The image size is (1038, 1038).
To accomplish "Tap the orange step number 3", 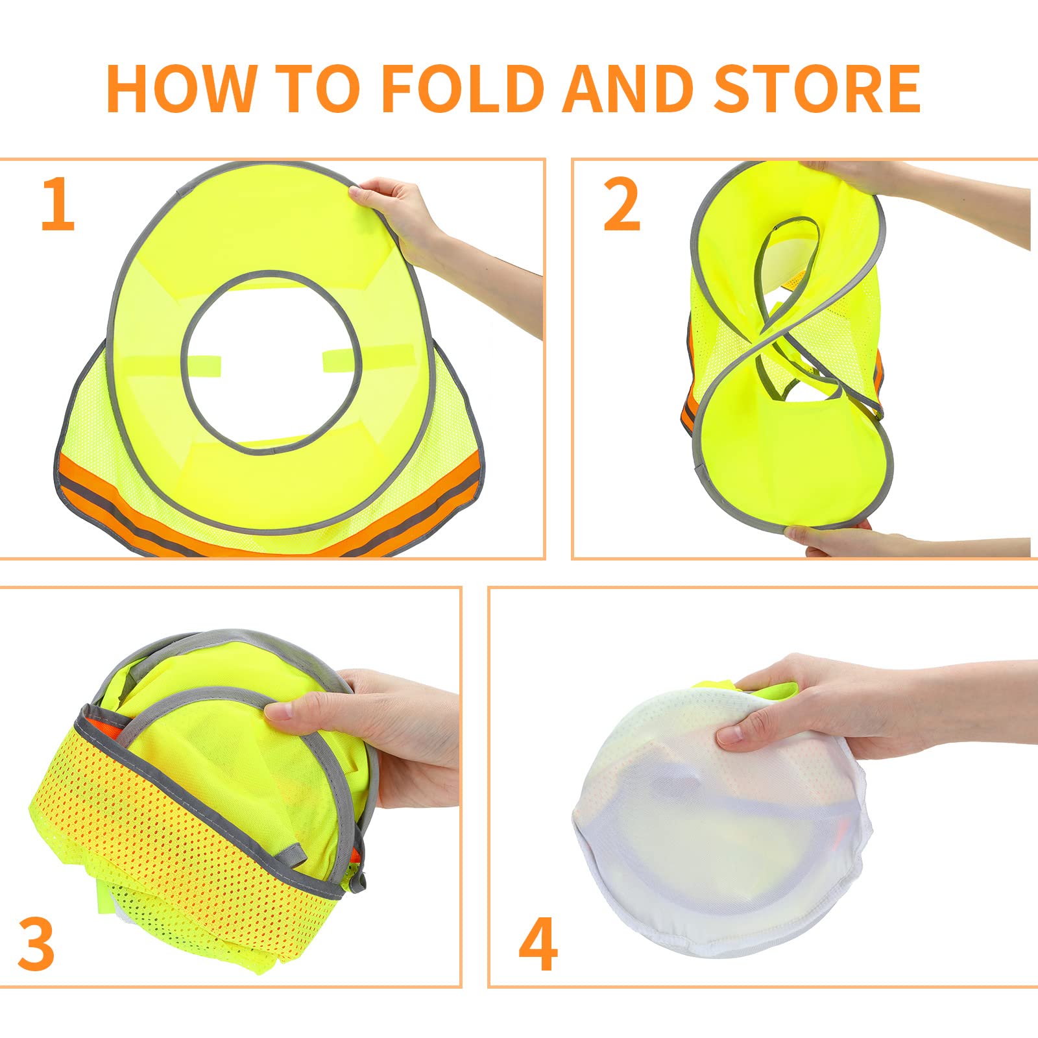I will (36, 944).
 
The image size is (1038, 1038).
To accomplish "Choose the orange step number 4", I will (538, 944).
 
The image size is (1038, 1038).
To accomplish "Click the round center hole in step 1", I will (271, 360).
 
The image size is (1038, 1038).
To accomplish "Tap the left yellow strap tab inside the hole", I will (202, 365).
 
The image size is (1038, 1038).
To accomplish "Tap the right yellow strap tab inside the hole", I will (367, 357).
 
